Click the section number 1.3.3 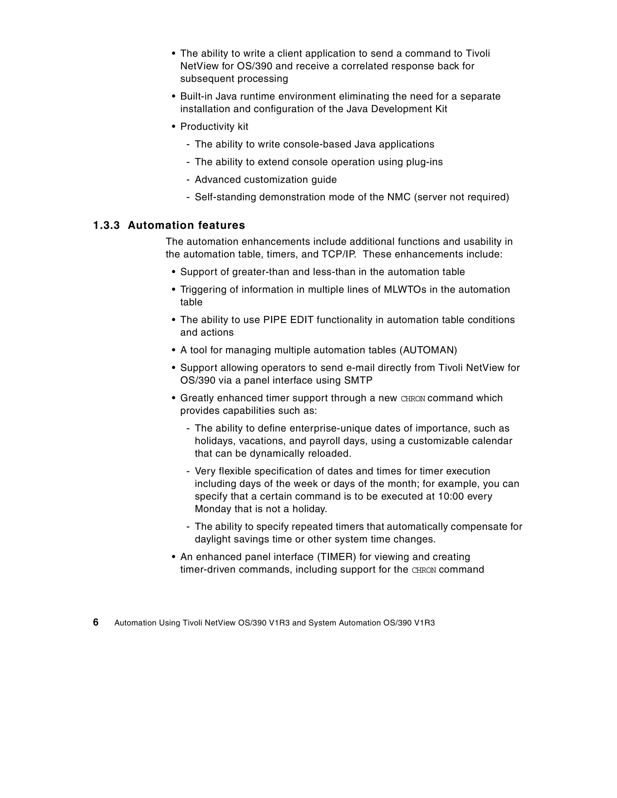pyautogui.click(x=106, y=225)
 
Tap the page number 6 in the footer pyautogui.click(x=96, y=622)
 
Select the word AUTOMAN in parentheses pyautogui.click(x=428, y=350)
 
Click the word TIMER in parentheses pyautogui.click(x=337, y=557)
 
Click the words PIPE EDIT pyautogui.click(x=288, y=320)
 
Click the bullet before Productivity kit pyautogui.click(x=174, y=127)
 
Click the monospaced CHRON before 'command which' pyautogui.click(x=413, y=399)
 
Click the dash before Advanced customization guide pyautogui.click(x=188, y=180)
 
